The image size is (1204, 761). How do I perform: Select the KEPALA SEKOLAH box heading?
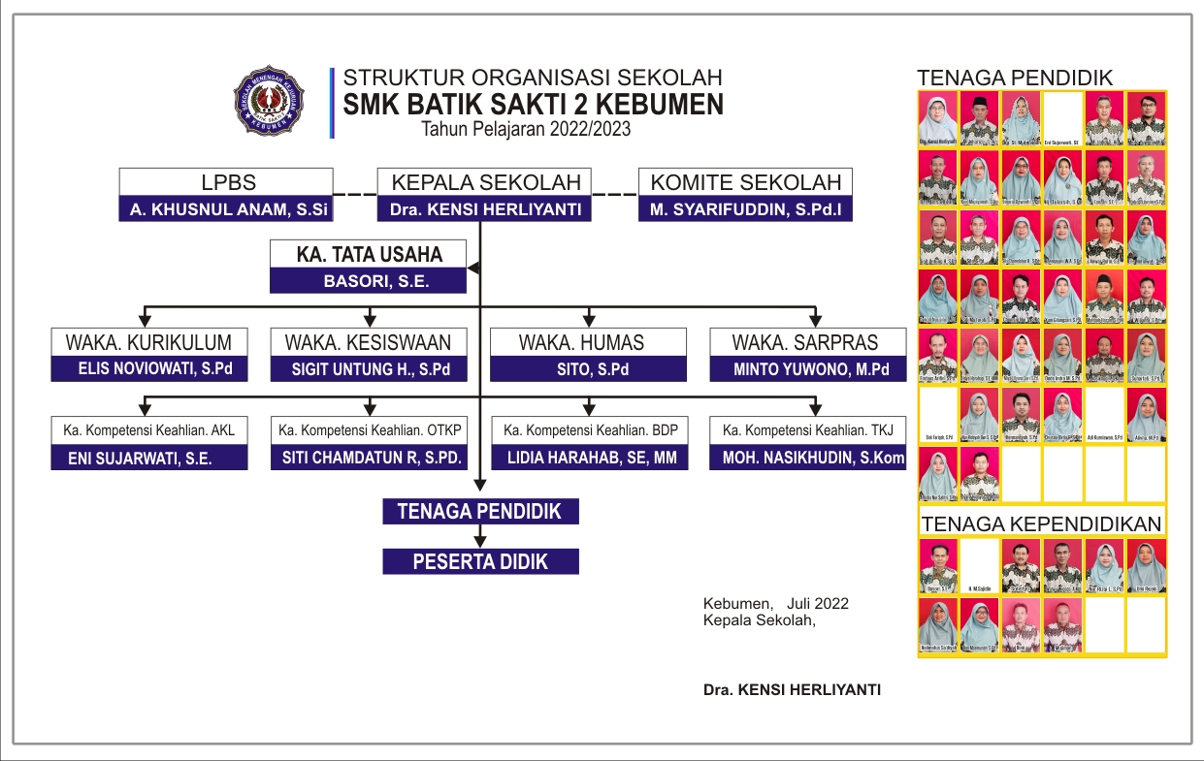(485, 182)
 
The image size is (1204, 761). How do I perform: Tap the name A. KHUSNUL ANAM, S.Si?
(225, 208)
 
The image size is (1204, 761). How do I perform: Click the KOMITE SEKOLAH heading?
(745, 182)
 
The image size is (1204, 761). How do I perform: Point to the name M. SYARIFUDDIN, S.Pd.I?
(745, 208)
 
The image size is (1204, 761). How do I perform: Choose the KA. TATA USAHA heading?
(369, 255)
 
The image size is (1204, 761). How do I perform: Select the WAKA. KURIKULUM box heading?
(148, 342)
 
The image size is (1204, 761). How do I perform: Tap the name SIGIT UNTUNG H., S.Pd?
(368, 368)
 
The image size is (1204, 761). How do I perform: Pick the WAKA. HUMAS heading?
(581, 342)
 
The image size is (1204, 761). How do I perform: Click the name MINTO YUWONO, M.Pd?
(807, 368)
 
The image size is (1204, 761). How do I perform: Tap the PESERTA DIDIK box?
(480, 561)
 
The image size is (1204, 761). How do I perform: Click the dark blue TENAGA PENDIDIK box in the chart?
(480, 511)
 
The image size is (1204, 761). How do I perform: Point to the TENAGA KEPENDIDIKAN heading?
(1041, 524)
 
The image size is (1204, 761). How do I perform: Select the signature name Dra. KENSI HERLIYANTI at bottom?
(793, 690)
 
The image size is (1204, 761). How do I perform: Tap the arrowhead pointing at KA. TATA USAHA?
(473, 267)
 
